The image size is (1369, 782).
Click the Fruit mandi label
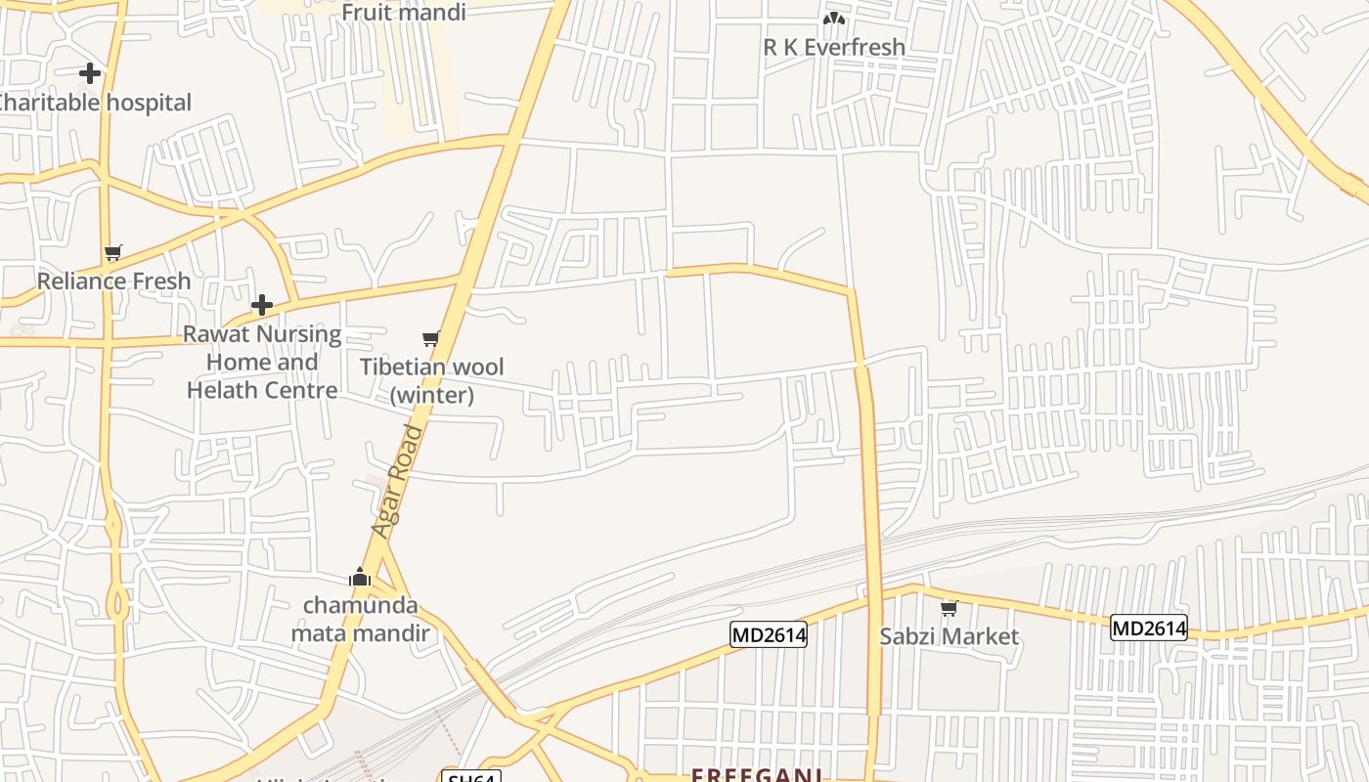403,12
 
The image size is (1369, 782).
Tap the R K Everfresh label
834,46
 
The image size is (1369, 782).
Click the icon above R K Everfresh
833,18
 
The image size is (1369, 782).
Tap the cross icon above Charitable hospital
90,73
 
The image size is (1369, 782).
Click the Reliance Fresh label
113,282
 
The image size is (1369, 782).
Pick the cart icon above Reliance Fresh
113,253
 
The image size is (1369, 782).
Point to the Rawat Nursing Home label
262,362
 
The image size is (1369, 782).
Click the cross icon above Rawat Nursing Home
262,305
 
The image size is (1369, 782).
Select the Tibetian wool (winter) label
432,380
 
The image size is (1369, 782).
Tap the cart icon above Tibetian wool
430,338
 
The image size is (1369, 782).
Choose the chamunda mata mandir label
360,619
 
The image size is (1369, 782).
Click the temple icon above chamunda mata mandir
360,577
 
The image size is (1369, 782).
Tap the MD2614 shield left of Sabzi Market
769,635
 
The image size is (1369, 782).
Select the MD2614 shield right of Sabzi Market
1148,628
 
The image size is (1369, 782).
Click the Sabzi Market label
949,636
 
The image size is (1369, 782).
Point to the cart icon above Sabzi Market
949,608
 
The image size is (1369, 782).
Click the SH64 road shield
471,777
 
